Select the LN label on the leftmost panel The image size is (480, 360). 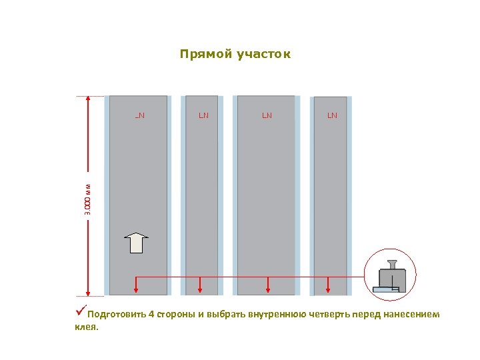(x=140, y=115)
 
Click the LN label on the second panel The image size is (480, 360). (x=203, y=115)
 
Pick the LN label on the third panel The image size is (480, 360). (x=267, y=115)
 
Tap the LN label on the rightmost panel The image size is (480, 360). (x=332, y=115)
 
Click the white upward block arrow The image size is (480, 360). (x=137, y=243)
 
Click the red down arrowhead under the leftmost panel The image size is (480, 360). (x=136, y=289)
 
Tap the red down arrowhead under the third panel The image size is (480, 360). (x=267, y=289)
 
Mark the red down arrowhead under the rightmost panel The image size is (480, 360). (x=328, y=289)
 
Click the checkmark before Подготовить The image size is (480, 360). (x=80, y=311)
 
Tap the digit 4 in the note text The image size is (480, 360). (x=151, y=315)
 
